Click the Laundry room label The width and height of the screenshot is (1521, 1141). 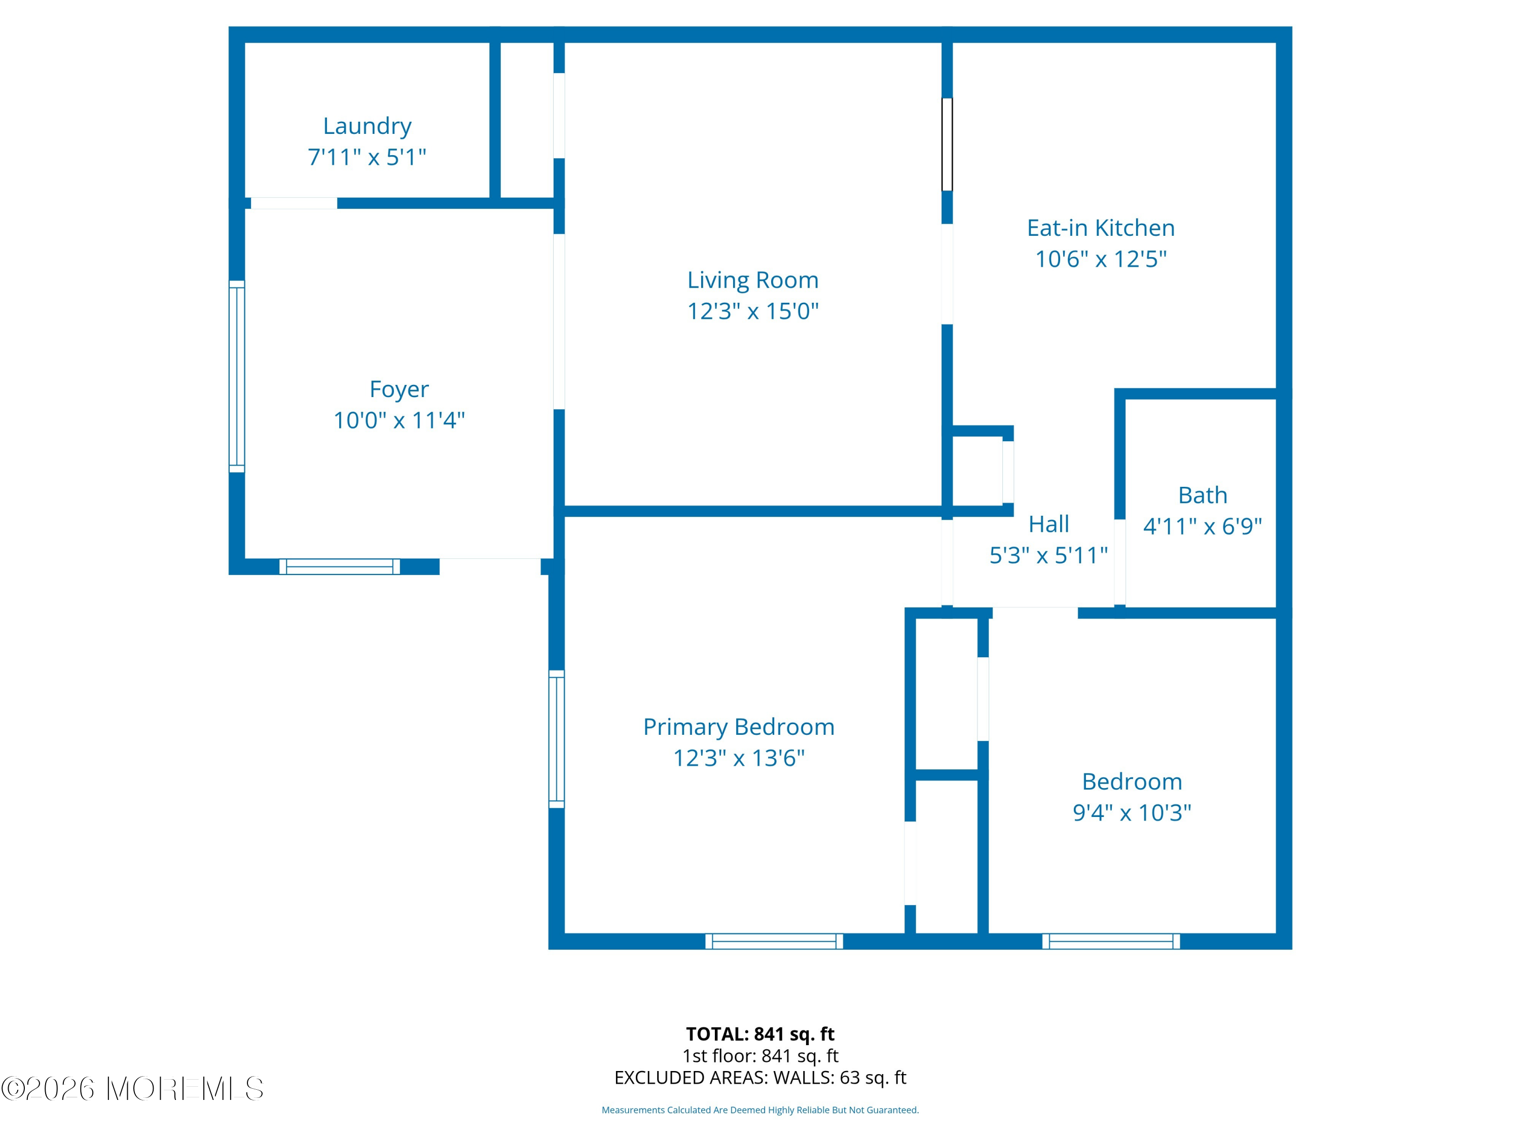pyautogui.click(x=367, y=126)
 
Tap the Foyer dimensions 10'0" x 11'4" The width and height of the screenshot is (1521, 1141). pyautogui.click(x=399, y=420)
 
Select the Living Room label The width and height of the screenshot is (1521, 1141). pyautogui.click(x=753, y=280)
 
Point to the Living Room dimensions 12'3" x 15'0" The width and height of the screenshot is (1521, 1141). pyautogui.click(x=753, y=311)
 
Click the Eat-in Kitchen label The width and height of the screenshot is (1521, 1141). pyautogui.click(x=1101, y=228)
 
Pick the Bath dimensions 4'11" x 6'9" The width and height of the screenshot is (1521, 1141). pyautogui.click(x=1203, y=526)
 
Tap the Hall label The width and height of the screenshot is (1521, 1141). pyautogui.click(x=1048, y=524)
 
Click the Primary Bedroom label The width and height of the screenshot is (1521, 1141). pyautogui.click(x=739, y=727)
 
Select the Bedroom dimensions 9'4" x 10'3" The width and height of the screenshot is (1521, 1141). pyautogui.click(x=1132, y=812)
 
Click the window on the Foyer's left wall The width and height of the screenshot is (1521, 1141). pyautogui.click(x=237, y=376)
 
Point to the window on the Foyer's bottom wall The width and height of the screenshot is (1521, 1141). pyautogui.click(x=340, y=567)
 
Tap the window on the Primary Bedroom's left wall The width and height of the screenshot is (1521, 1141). pyautogui.click(x=556, y=739)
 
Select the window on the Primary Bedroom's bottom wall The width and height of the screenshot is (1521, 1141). pyautogui.click(x=774, y=942)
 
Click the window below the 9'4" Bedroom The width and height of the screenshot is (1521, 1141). pyautogui.click(x=1111, y=942)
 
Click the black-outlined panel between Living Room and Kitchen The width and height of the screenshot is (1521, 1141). pyautogui.click(x=947, y=145)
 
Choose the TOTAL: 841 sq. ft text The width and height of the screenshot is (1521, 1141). pyautogui.click(x=760, y=1033)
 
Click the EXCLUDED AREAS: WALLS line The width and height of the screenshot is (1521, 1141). pyautogui.click(x=760, y=1078)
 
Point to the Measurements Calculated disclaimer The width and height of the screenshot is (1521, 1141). pyautogui.click(x=760, y=1110)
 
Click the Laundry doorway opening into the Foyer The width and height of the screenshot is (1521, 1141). pyautogui.click(x=294, y=203)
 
